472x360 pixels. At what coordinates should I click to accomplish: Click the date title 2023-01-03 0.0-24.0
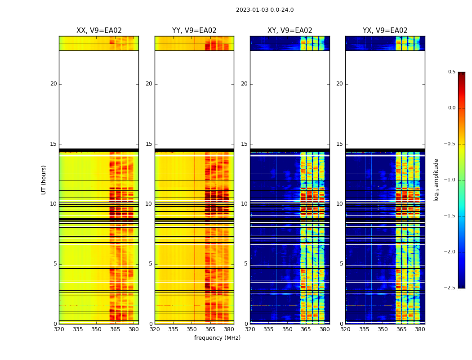point(265,10)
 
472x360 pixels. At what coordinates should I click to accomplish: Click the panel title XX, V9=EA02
point(99,31)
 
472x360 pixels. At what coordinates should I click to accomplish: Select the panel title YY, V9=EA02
point(194,31)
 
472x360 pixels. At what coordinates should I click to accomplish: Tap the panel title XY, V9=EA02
point(290,31)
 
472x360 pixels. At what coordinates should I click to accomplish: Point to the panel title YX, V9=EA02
point(385,31)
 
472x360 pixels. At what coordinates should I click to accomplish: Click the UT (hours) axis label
point(44,180)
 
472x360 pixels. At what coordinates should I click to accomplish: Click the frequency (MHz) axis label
point(217,338)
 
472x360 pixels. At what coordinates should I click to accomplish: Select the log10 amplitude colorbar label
point(436,180)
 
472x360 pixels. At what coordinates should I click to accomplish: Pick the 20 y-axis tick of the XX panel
point(53,84)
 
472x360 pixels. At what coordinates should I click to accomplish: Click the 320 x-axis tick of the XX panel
point(59,329)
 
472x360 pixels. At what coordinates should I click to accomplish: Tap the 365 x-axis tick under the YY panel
point(210,329)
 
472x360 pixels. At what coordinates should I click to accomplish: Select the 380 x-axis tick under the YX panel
point(420,329)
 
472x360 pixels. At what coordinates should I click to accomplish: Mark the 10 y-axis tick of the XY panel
point(244,204)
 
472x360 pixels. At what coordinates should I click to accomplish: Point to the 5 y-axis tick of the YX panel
point(341,264)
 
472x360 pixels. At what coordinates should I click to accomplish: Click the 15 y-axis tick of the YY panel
point(149,144)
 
